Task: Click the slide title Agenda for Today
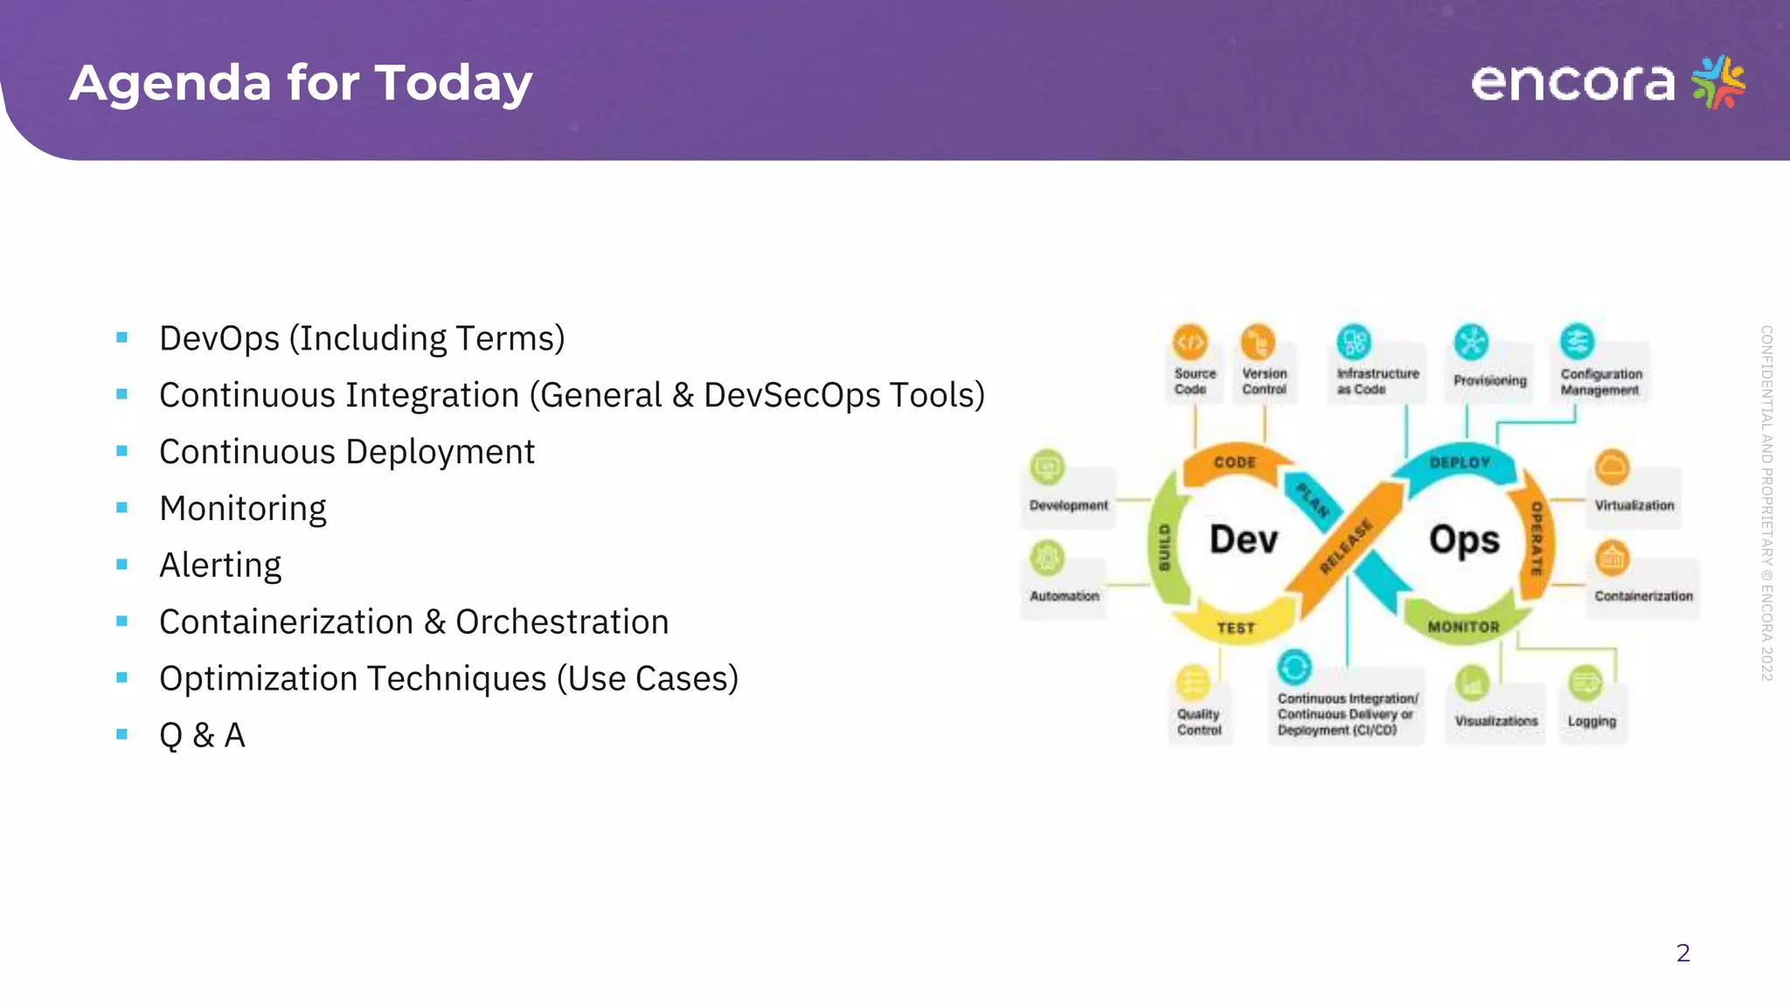pos(301,83)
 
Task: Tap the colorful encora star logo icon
pos(1717,81)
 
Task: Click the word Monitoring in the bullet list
pos(242,509)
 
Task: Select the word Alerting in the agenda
pos(220,566)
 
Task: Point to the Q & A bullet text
pos(202,735)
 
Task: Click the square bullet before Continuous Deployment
pos(121,451)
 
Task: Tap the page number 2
pos(1682,953)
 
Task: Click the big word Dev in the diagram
pos(1243,539)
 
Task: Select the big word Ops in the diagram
pos(1464,539)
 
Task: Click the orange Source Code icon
pos(1190,342)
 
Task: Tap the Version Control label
pos(1264,381)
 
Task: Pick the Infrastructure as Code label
pos(1377,381)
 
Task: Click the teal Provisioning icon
pos(1471,342)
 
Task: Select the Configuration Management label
pos(1601,382)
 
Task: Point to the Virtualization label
pos(1634,505)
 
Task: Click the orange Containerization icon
pos(1612,558)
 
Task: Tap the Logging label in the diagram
pos(1592,721)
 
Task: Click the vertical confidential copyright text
pos(1766,503)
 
